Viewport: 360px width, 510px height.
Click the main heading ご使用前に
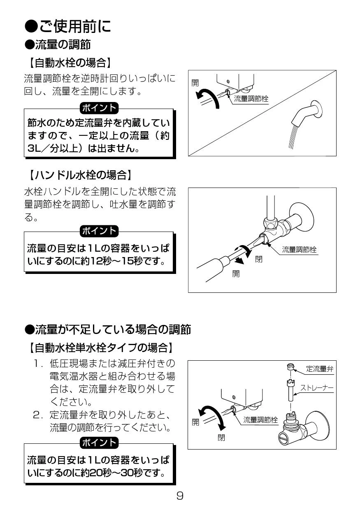[x=67, y=26]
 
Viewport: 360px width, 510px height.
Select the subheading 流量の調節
[x=58, y=44]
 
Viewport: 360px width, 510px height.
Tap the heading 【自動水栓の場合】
[x=70, y=63]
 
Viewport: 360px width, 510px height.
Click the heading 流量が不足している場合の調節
[x=108, y=329]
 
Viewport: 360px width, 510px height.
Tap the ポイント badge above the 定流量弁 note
[x=99, y=108]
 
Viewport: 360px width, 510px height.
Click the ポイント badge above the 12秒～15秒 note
[x=99, y=231]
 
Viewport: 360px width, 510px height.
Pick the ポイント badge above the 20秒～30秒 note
[x=99, y=443]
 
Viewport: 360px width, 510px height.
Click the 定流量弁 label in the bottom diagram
[x=319, y=369]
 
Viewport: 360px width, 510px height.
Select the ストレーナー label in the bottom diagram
[x=317, y=387]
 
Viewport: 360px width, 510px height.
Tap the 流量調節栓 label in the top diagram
[x=251, y=99]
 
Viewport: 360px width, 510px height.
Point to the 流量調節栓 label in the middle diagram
[x=299, y=250]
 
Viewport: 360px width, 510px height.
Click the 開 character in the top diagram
[x=195, y=83]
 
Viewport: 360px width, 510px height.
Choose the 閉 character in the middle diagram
[x=258, y=259]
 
